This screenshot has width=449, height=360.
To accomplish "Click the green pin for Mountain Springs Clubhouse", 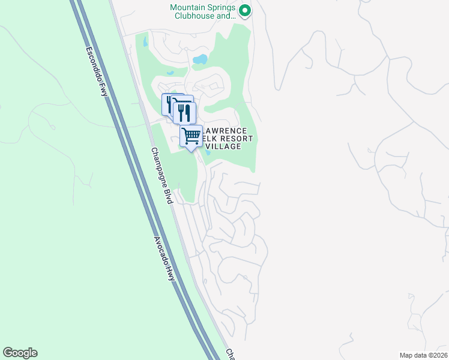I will (x=244, y=10).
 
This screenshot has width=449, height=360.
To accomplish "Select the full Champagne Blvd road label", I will (x=161, y=176).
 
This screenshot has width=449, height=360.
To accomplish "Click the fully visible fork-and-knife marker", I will (x=185, y=112).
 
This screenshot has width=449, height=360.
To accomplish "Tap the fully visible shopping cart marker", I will (x=191, y=136).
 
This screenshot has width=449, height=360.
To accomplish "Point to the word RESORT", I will (x=235, y=139).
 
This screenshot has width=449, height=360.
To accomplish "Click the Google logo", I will (x=20, y=353).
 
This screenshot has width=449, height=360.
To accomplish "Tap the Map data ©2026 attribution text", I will (x=424, y=355).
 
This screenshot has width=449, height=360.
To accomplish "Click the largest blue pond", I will (x=200, y=59).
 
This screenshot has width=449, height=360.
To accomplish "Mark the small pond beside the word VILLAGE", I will (x=208, y=152).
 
